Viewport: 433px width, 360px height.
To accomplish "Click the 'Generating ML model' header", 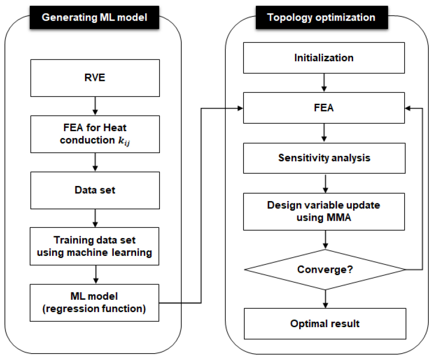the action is pyautogui.click(x=95, y=17).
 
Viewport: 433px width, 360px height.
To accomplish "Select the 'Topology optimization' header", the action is pyautogui.click(x=322, y=17).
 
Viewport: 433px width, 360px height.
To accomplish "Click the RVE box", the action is pyautogui.click(x=95, y=78).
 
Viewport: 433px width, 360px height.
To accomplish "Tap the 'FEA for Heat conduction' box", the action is pyautogui.click(x=95, y=134).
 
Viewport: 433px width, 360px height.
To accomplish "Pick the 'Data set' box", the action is pyautogui.click(x=95, y=191).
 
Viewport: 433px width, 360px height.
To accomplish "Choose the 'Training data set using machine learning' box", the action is pyautogui.click(x=95, y=246).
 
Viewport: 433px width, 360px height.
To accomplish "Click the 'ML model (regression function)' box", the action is pyautogui.click(x=95, y=303).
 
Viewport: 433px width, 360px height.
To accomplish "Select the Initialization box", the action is pyautogui.click(x=324, y=58).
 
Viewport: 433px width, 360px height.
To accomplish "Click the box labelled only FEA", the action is pyautogui.click(x=324, y=108).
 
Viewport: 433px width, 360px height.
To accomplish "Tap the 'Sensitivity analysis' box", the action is pyautogui.click(x=324, y=158).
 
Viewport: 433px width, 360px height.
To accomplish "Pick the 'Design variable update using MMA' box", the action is pyautogui.click(x=324, y=212).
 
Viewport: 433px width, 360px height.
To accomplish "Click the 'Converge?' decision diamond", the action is pyautogui.click(x=325, y=270).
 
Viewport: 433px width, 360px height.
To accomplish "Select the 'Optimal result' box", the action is pyautogui.click(x=325, y=323).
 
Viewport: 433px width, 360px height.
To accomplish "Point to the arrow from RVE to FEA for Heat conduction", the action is pyautogui.click(x=95, y=106).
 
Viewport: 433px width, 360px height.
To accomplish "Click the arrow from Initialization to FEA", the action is pyautogui.click(x=324, y=83).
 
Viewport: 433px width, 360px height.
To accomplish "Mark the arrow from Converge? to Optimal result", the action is pyautogui.click(x=326, y=299).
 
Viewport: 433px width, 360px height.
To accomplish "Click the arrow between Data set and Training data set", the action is pyautogui.click(x=95, y=218).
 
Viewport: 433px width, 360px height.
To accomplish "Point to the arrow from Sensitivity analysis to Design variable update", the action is pyautogui.click(x=326, y=184).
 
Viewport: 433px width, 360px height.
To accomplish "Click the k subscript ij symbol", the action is pyautogui.click(x=124, y=141).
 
